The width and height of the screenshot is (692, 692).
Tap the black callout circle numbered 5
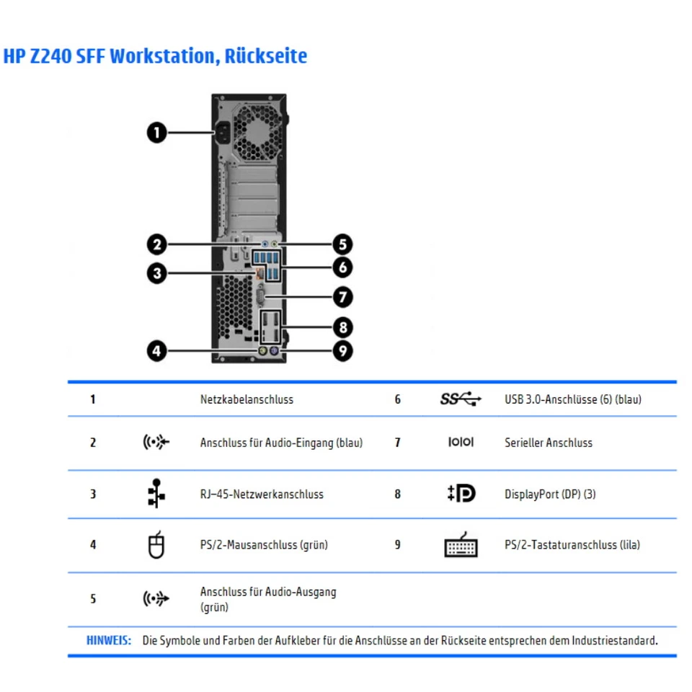[342, 244]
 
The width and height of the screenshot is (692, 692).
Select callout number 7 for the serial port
[342, 296]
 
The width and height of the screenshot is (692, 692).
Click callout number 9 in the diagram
[342, 351]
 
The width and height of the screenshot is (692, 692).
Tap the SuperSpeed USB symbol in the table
[460, 399]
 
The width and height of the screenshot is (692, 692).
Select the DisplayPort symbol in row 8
[461, 494]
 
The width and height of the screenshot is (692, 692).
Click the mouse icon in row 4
[156, 545]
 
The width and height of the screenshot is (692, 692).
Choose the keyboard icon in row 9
[461, 546]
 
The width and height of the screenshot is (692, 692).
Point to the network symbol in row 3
[156, 494]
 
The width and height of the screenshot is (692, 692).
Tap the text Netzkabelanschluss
[247, 399]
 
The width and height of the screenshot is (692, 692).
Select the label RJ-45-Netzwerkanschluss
[262, 494]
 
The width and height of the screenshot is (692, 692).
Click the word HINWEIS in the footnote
[108, 640]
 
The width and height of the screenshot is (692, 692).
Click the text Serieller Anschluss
[548, 443]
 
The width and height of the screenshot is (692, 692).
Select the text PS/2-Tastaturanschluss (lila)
[572, 545]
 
